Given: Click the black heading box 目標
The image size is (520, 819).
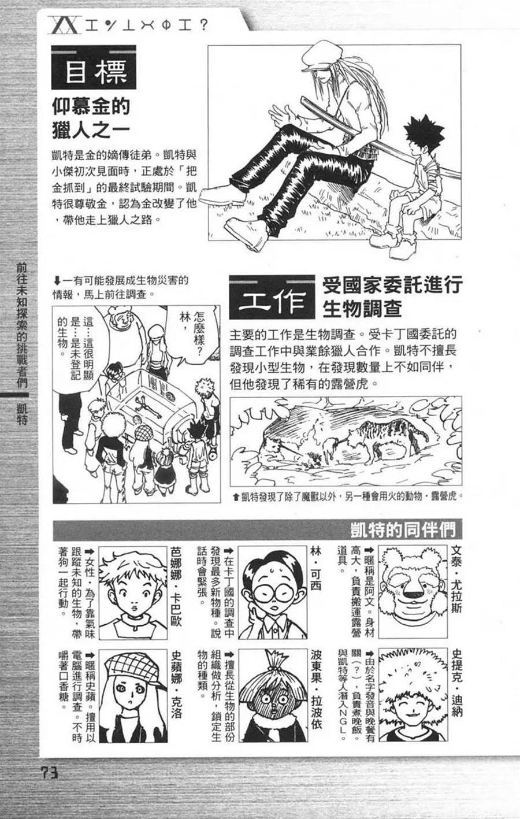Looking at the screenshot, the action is (x=94, y=67).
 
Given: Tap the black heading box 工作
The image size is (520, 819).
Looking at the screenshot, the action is (x=272, y=297).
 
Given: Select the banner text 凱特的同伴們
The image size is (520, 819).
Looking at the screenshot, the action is (x=403, y=530).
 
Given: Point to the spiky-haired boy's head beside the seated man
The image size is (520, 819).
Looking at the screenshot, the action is (x=424, y=138).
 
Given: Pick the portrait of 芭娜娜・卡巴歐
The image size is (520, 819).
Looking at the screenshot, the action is (x=133, y=593).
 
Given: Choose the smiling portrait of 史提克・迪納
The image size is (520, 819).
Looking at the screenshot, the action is (x=413, y=695).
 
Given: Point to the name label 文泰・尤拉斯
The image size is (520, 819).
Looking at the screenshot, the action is (x=456, y=580).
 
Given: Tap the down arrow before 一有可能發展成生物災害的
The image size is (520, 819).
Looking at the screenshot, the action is (x=57, y=281).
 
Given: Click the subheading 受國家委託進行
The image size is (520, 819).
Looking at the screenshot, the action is (x=392, y=285).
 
